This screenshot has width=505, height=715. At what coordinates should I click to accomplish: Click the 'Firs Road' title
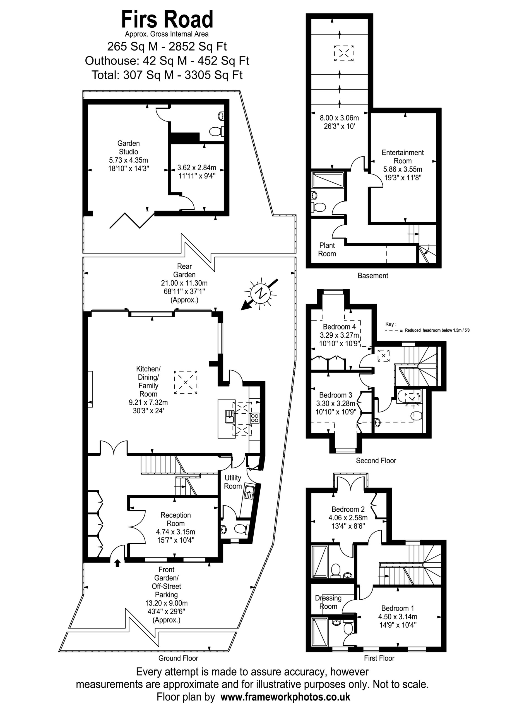[167, 19]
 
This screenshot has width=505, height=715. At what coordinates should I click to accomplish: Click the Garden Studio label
[129, 148]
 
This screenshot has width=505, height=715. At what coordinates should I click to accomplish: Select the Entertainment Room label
[403, 157]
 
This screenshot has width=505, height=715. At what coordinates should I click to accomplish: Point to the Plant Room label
[327, 249]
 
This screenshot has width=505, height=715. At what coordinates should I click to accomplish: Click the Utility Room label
[233, 482]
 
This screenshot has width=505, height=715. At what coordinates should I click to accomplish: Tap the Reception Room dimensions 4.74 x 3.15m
[176, 532]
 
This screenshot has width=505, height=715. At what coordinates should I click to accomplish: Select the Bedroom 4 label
[339, 327]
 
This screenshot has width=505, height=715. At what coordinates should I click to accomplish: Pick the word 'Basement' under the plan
[373, 276]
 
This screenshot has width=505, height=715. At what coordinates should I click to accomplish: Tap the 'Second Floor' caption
[376, 461]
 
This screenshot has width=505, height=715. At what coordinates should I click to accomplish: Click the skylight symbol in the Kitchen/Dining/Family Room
[186, 382]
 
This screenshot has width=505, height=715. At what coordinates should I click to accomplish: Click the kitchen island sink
[230, 417]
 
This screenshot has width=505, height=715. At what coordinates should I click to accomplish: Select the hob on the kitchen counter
[254, 418]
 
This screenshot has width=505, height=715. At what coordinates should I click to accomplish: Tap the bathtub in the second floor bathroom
[410, 396]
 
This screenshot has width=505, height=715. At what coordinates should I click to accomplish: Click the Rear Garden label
[184, 270]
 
